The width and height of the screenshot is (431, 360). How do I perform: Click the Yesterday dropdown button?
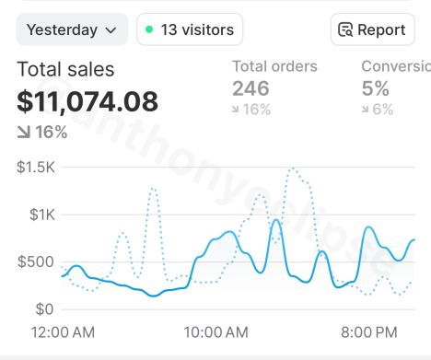(72, 29)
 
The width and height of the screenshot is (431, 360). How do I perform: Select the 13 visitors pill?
(190, 29)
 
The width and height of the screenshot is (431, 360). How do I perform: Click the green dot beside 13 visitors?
(149, 29)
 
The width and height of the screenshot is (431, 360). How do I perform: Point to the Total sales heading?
(65, 69)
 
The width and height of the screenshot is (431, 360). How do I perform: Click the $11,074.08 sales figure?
(87, 101)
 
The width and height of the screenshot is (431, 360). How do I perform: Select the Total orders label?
(274, 66)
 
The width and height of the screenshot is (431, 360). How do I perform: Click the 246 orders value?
(250, 88)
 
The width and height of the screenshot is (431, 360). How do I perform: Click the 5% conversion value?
(375, 88)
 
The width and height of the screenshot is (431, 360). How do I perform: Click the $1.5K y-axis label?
(36, 168)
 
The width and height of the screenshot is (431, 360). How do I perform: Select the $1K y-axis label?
(41, 215)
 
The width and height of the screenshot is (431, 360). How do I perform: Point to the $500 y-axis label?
(36, 261)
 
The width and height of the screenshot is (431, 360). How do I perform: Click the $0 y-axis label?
(43, 308)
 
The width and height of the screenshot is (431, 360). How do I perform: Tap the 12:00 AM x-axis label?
(63, 331)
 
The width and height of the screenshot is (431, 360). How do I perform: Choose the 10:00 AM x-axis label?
(215, 331)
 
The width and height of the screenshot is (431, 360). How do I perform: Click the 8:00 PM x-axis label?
(369, 331)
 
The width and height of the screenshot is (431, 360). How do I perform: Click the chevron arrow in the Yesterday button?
(111, 29)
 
